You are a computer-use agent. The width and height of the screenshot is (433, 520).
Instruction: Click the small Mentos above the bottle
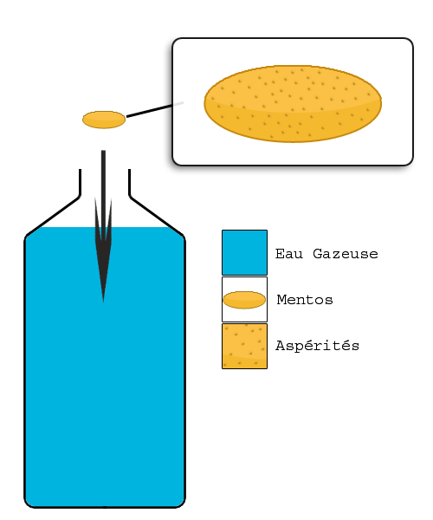(x=104, y=120)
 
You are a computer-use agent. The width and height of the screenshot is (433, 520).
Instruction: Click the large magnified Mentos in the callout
(x=293, y=104)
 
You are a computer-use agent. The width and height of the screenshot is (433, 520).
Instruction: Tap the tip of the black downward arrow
(x=103, y=302)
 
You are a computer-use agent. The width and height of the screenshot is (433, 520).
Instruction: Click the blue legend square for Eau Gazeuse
(x=244, y=252)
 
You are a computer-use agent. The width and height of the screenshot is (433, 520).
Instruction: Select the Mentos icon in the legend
(x=244, y=300)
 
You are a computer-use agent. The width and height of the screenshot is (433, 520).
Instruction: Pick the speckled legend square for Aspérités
(x=244, y=346)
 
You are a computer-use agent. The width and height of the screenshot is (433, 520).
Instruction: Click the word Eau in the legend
(x=289, y=254)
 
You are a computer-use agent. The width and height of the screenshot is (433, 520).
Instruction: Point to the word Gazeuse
(x=346, y=254)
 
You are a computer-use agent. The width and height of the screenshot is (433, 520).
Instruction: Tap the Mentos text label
(x=305, y=300)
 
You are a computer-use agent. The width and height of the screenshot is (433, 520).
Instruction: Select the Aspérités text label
(x=317, y=346)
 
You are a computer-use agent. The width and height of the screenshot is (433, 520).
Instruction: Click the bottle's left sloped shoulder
(x=53, y=216)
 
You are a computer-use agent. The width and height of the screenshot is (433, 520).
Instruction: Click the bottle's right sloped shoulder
(x=157, y=216)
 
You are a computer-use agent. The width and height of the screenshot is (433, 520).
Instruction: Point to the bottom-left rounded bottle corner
(x=29, y=503)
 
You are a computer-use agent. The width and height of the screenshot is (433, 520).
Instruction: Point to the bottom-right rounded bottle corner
(x=180, y=503)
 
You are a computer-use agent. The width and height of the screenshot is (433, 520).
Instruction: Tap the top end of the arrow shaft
(x=103, y=151)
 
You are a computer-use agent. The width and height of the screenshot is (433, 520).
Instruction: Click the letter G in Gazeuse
(x=318, y=254)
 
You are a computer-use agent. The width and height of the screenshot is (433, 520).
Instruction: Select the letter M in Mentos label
(x=281, y=300)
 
